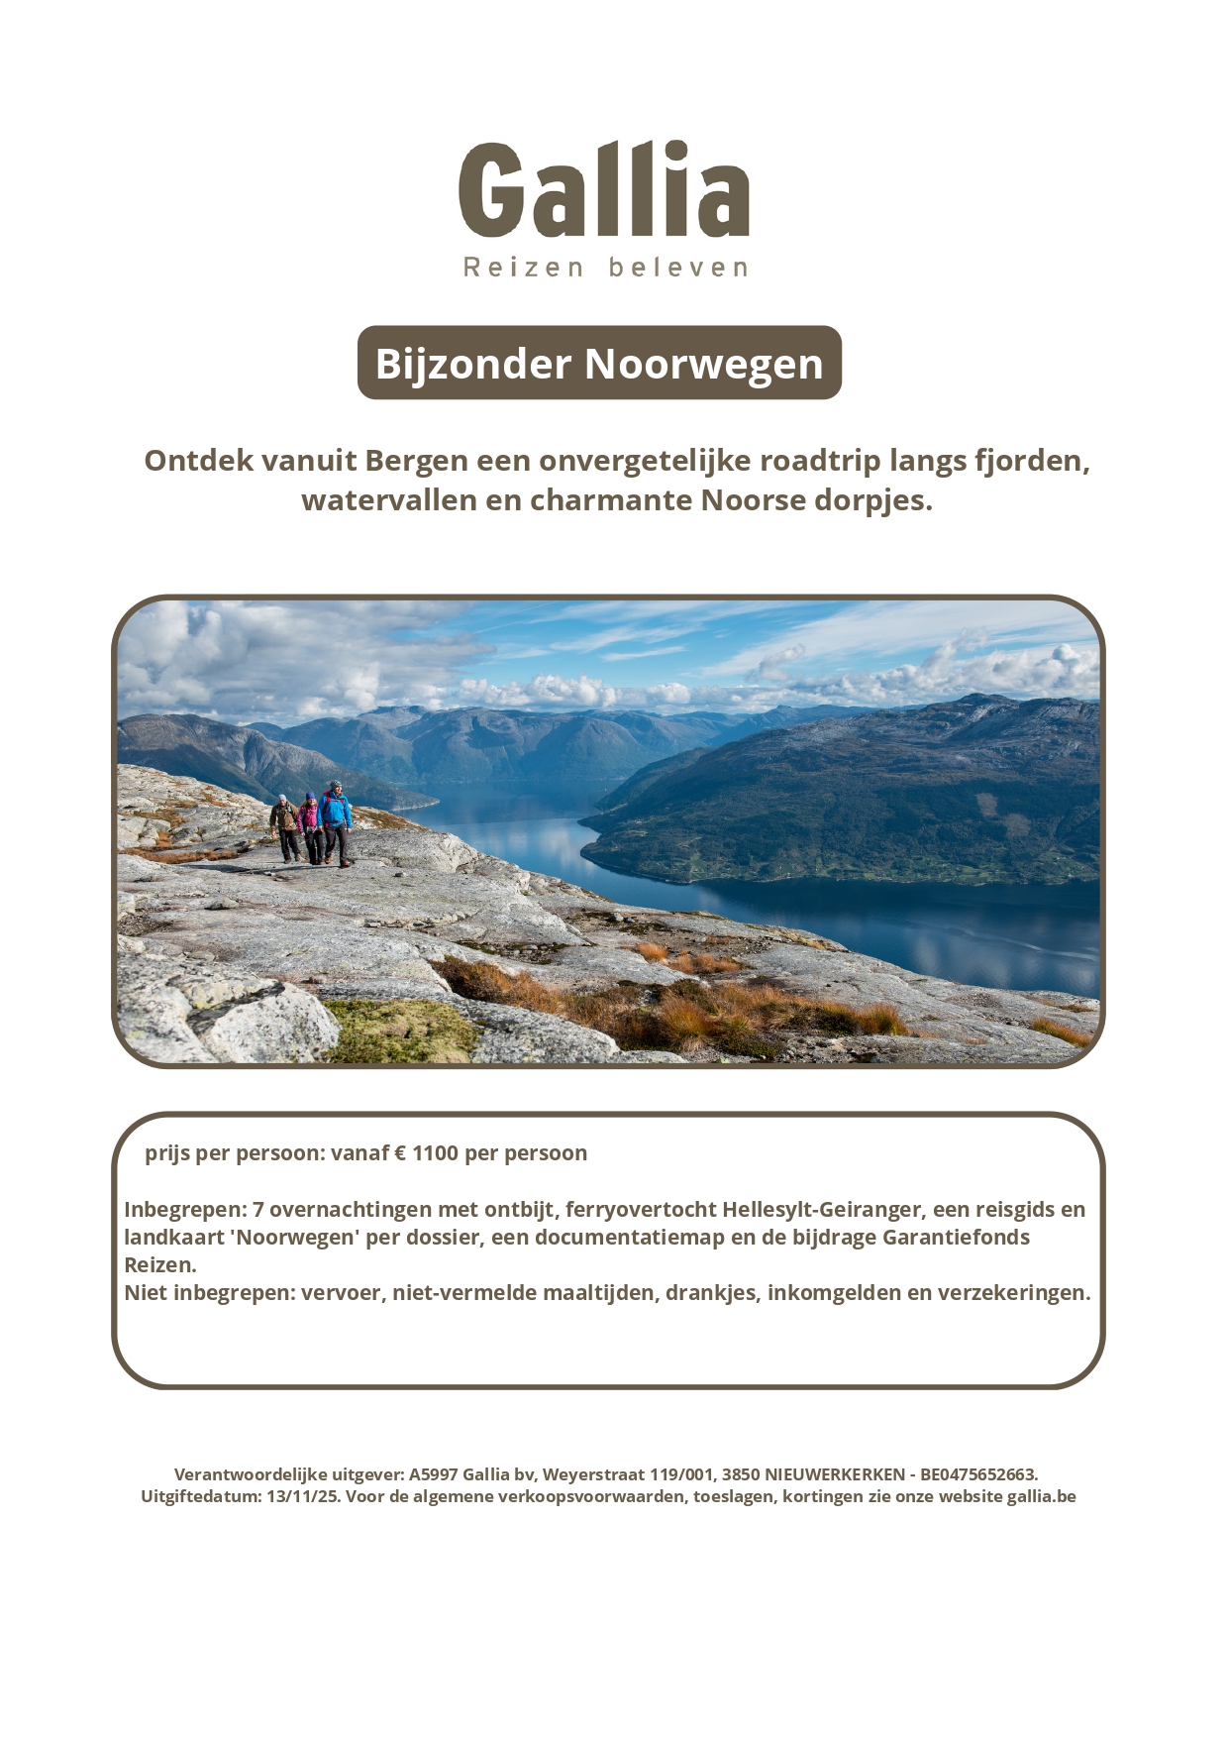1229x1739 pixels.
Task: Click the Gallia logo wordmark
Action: [603, 190]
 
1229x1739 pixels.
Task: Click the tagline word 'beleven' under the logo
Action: [678, 268]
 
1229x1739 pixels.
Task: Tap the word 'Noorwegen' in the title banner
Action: [704, 364]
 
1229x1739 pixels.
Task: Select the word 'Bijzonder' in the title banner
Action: [473, 364]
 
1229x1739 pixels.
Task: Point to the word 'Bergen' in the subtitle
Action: [416, 461]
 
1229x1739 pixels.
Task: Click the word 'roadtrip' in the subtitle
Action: [819, 461]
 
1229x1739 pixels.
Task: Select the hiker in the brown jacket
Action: [285, 826]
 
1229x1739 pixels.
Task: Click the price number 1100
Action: [435, 1152]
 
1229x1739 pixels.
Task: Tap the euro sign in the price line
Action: [400, 1152]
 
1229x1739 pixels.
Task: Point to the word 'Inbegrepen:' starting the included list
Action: [184, 1209]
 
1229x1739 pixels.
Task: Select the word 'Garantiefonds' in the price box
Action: [956, 1237]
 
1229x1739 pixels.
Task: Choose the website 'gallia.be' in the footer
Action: [1041, 1496]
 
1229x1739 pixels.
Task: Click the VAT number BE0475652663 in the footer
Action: [977, 1474]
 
